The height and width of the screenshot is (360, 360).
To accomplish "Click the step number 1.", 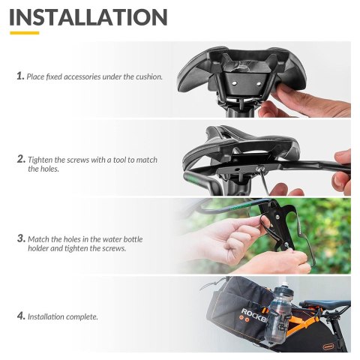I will coord(20,76).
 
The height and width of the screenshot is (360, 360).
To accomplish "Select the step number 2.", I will coord(20,159).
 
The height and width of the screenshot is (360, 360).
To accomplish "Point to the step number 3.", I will coord(20,238).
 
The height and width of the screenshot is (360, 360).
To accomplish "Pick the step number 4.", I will coord(20,316).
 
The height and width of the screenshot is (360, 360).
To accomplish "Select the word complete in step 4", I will coord(82,317).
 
